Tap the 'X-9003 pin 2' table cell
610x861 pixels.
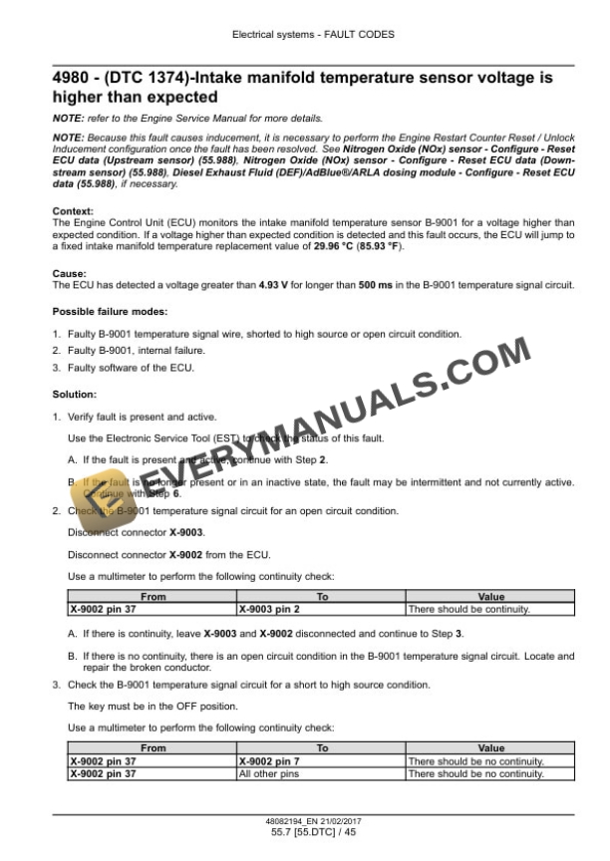pos(269,608)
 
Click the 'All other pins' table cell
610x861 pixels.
pos(267,773)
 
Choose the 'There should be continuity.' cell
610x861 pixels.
pos(468,608)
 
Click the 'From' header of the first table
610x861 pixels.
pos(153,597)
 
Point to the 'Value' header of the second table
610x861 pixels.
pos(491,747)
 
